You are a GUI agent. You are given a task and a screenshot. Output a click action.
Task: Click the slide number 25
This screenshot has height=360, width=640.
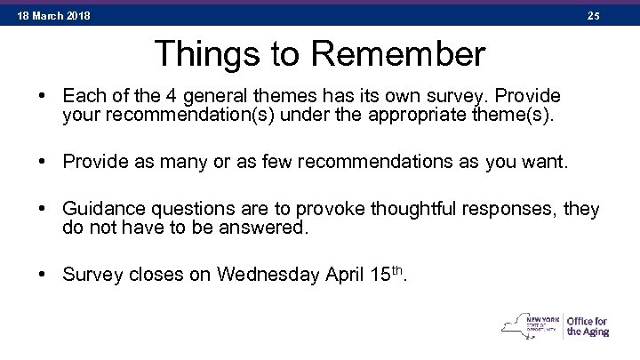click(x=594, y=16)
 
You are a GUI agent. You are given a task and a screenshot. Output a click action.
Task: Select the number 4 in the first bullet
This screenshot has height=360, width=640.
click(x=172, y=95)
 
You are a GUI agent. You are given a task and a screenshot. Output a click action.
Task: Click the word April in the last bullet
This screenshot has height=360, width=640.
click(x=335, y=276)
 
